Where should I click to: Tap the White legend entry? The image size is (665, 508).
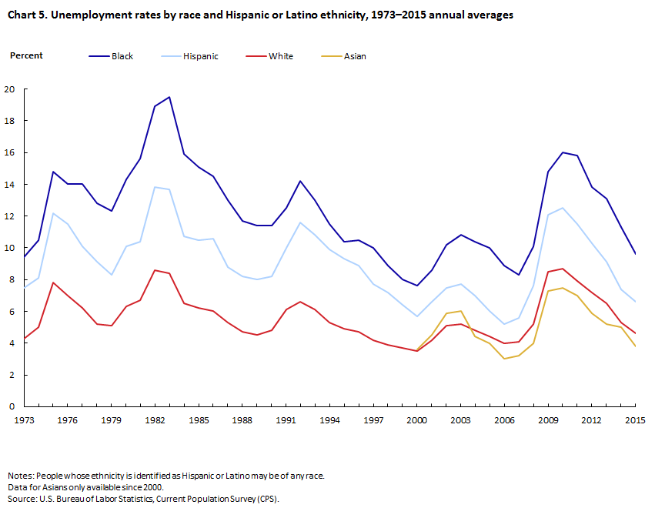(280, 56)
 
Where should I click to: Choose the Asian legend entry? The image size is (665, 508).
(355, 56)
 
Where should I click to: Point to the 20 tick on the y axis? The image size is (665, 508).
(10, 89)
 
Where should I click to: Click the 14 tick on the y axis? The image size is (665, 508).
(10, 185)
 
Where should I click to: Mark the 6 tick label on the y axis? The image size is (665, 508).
(12, 312)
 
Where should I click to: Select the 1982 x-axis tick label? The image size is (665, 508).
(155, 419)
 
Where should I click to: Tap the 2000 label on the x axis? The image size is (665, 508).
(416, 419)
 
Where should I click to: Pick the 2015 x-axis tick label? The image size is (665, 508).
(634, 419)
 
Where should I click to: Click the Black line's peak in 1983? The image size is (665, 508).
(169, 97)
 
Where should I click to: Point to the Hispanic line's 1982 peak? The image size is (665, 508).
(155, 187)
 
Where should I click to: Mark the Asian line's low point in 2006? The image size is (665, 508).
(504, 359)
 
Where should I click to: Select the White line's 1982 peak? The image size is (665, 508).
(155, 270)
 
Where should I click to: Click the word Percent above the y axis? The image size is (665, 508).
(26, 55)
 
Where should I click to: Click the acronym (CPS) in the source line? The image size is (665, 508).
(266, 499)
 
